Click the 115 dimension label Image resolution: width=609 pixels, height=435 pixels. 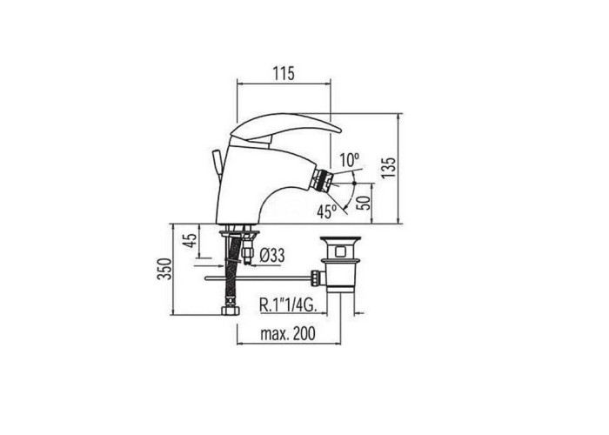click(284, 73)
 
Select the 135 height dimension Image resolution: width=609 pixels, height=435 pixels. click(388, 167)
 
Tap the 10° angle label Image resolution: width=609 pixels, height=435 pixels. click(349, 160)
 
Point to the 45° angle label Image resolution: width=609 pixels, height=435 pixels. click(326, 211)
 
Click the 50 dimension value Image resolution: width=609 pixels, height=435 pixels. click(364, 203)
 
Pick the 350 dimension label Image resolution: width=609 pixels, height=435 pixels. click(164, 269)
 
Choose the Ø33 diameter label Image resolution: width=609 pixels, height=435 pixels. click(271, 256)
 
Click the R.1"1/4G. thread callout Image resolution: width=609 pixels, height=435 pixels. click(288, 305)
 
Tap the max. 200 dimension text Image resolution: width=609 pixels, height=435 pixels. click(288, 333)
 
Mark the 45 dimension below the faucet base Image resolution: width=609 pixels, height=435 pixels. click(190, 240)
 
